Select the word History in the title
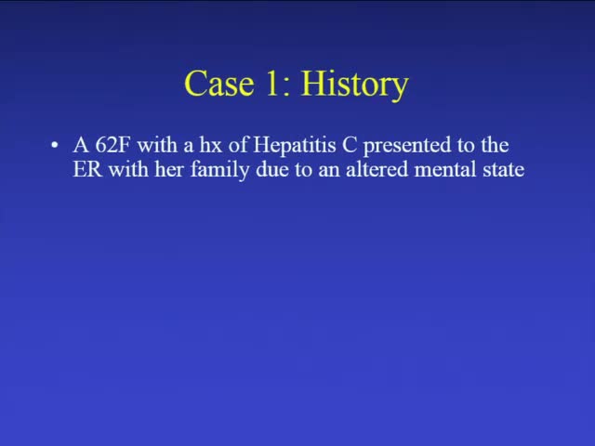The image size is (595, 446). [x=354, y=85]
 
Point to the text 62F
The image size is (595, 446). [x=113, y=146]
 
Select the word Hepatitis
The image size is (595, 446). [x=290, y=147]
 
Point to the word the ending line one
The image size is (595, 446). [x=495, y=146]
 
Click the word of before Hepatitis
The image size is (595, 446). [x=238, y=146]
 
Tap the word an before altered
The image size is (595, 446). [x=331, y=171]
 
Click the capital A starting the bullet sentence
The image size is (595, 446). [x=80, y=146]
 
